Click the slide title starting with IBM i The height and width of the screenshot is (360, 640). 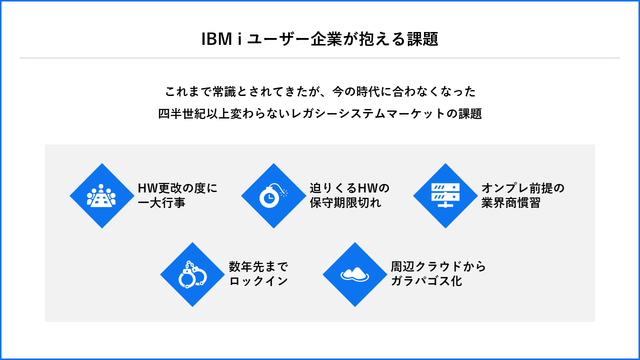click(319, 39)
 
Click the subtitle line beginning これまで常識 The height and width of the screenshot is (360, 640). click(320, 91)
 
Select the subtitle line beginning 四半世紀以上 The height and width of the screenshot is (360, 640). click(320, 113)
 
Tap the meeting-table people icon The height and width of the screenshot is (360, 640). click(101, 195)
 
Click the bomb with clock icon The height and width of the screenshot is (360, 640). click(273, 195)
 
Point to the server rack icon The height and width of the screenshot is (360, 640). click(445, 195)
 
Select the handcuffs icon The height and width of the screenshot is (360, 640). click(192, 274)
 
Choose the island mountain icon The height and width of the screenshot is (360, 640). click(355, 274)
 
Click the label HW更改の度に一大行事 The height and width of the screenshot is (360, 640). click(177, 195)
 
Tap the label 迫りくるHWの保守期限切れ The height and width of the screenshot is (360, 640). click(349, 195)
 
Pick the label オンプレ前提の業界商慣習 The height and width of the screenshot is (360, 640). click(522, 195)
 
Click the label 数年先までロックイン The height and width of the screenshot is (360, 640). click(258, 273)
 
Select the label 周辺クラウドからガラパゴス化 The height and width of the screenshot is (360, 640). click(438, 273)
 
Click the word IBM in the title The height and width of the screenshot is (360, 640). click(215, 39)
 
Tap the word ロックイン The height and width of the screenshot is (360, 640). click(258, 281)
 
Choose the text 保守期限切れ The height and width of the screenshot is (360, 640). click(345, 203)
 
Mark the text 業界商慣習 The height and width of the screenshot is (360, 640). click(510, 203)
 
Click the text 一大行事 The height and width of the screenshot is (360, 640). click(161, 203)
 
